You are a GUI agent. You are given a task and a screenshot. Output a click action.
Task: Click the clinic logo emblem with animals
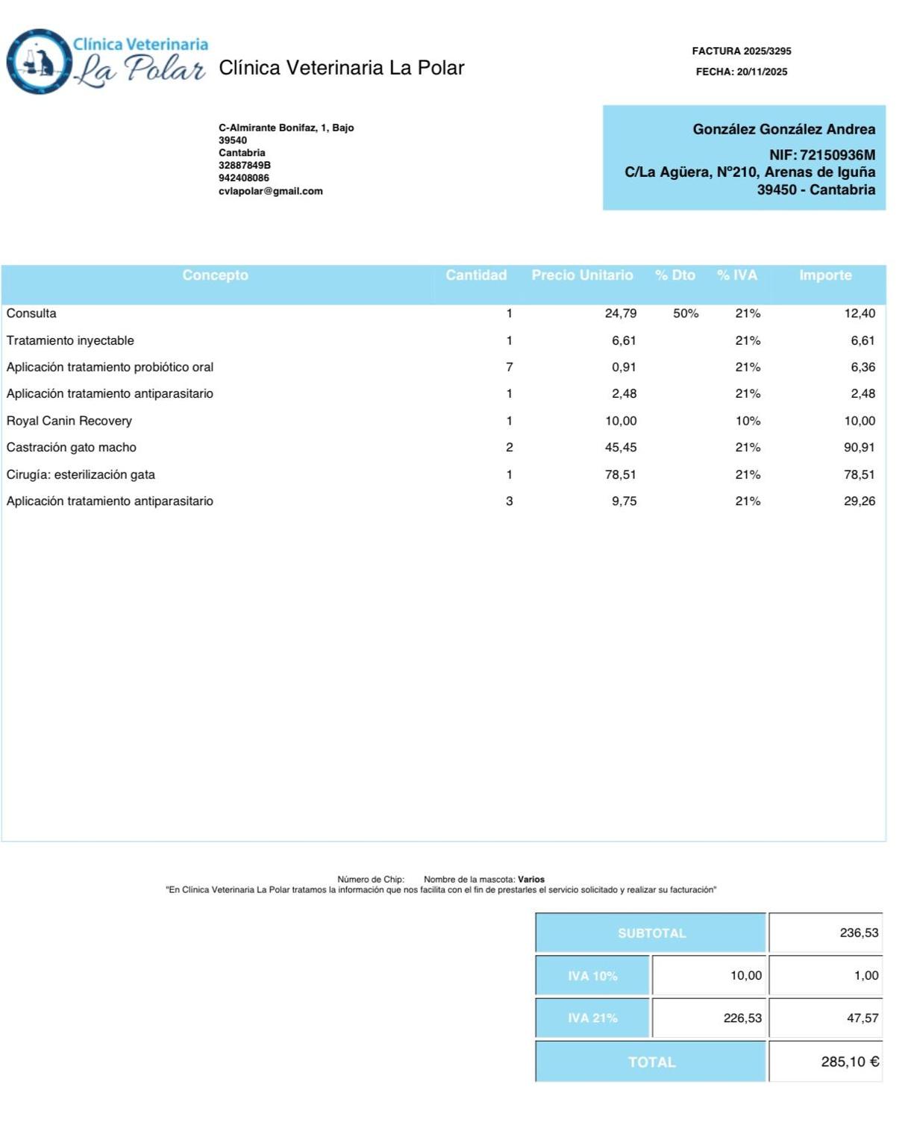point(39,62)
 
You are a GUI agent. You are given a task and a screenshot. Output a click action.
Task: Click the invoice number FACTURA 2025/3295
point(741,51)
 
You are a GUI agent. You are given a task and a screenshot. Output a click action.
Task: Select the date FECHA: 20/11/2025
point(741,72)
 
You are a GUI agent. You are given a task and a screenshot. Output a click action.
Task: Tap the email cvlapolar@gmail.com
point(270,191)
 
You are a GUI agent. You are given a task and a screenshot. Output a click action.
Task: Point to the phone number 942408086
point(243,178)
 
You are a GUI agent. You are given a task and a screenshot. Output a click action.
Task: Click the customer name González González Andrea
point(783,129)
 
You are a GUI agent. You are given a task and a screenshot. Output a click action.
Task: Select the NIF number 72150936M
point(837,155)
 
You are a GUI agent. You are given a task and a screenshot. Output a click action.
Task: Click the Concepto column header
point(215,275)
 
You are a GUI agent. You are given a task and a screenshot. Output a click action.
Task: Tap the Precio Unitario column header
point(582,275)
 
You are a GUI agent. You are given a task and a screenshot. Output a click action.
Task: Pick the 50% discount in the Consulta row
point(685,313)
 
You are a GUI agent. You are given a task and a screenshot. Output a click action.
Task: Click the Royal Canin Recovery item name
point(69,421)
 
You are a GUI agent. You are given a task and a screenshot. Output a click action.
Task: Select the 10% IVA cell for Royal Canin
point(748,421)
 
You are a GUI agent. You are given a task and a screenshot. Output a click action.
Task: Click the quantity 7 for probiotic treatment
point(509,367)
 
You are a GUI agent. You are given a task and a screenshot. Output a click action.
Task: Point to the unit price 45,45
point(620,448)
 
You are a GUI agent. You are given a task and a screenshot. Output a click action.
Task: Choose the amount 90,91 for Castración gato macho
point(859,448)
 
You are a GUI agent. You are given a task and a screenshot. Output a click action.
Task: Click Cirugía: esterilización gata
point(81,475)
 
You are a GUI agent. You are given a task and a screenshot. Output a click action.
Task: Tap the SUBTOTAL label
point(651,933)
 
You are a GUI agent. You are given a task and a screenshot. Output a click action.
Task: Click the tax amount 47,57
point(862,1018)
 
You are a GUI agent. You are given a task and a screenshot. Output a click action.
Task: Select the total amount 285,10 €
point(849,1062)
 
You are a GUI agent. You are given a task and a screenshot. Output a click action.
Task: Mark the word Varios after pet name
point(531,880)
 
